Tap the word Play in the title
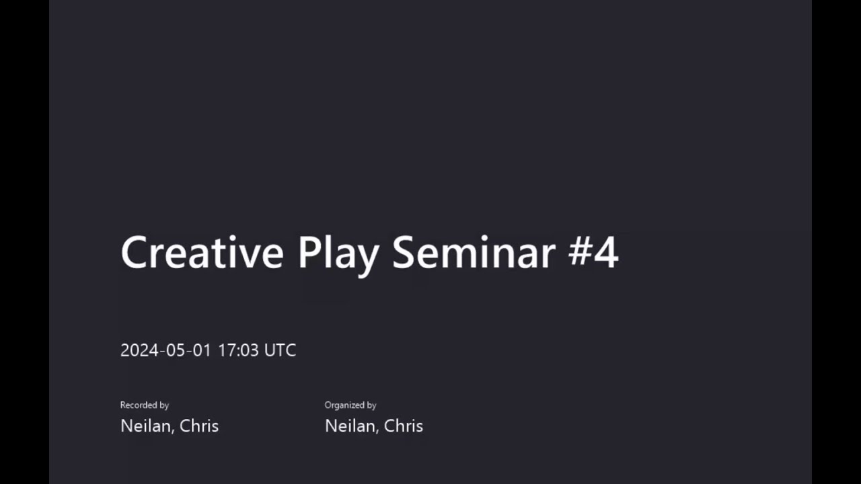[338, 253]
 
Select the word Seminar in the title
[474, 253]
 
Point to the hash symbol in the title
[581, 253]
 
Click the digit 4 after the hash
[607, 253]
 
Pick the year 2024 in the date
[139, 350]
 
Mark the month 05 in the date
[174, 350]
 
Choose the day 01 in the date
[202, 350]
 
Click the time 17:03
[238, 350]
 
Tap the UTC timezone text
[280, 350]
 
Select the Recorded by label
[144, 405]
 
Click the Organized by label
[350, 405]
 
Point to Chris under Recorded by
[199, 426]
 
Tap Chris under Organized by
[404, 426]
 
